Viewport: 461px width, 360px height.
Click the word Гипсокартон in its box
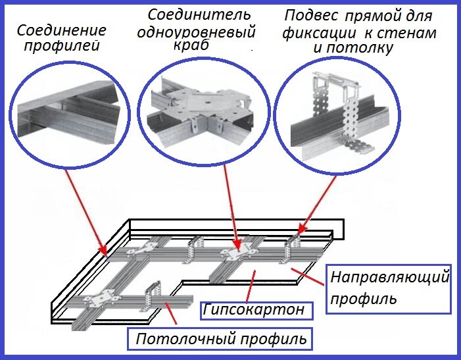click(x=253, y=309)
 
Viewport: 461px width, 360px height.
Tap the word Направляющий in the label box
click(x=390, y=277)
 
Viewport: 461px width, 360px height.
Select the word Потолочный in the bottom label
click(x=186, y=338)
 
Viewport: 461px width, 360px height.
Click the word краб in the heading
click(x=191, y=45)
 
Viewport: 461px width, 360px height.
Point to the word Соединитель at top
click(x=199, y=14)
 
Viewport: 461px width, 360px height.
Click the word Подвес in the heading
click(x=311, y=15)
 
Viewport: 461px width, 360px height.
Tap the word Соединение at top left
click(x=61, y=30)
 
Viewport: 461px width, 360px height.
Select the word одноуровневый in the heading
click(x=196, y=32)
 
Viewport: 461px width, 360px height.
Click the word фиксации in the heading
click(x=320, y=33)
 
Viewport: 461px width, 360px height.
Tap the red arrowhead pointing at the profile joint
click(x=103, y=250)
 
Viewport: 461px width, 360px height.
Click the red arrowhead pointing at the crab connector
click(x=237, y=245)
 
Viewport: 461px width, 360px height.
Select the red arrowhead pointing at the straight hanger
click(x=301, y=230)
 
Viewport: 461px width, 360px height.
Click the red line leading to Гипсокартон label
click(x=251, y=286)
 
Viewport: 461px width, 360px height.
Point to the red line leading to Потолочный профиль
click(x=171, y=313)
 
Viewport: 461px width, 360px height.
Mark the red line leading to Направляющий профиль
click(x=308, y=276)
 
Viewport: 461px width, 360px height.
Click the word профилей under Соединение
click(x=62, y=46)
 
